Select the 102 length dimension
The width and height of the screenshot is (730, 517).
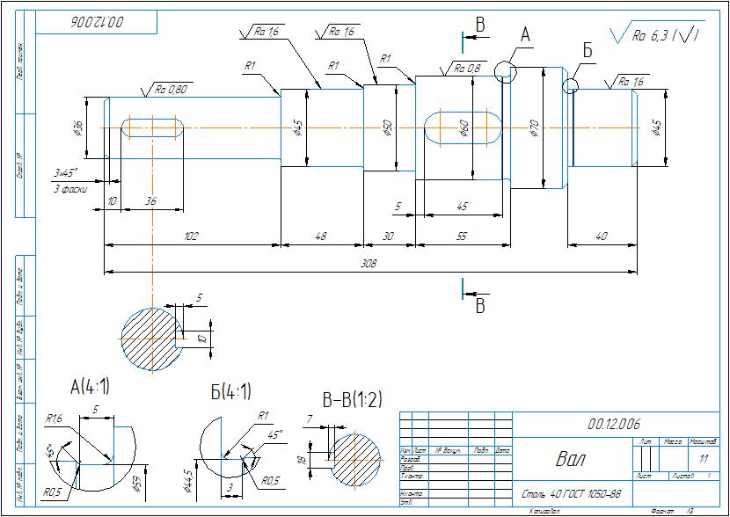click(x=191, y=236)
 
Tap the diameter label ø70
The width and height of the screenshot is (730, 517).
click(x=534, y=129)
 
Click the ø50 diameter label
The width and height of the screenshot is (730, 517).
click(x=387, y=129)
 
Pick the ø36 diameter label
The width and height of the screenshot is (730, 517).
click(x=78, y=128)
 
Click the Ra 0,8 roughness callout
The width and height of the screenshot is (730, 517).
click(x=467, y=68)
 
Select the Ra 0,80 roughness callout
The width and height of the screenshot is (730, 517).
click(x=172, y=89)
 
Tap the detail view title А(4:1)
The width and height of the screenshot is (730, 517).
click(x=90, y=386)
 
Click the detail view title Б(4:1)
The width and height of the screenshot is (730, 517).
click(x=231, y=390)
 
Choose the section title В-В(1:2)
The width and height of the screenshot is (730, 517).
click(x=352, y=401)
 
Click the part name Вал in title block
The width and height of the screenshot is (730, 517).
click(x=569, y=459)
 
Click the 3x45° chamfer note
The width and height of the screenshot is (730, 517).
click(x=65, y=172)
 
